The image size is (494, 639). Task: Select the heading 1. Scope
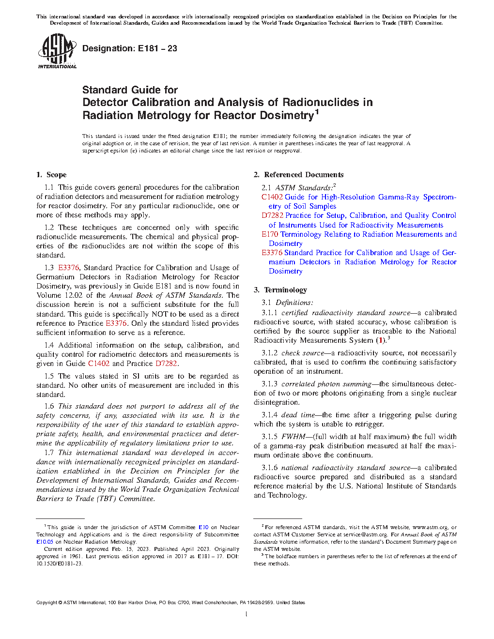click(51, 175)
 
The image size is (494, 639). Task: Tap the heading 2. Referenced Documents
click(298, 175)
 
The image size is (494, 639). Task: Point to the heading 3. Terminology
click(280, 290)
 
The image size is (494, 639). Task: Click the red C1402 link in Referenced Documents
click(272, 197)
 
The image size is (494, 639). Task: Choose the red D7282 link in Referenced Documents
click(272, 215)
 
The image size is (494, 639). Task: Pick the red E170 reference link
click(270, 234)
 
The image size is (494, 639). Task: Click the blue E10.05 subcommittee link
click(45, 542)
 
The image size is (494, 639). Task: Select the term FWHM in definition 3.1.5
click(293, 437)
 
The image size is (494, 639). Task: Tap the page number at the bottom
click(247, 614)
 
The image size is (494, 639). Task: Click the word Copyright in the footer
click(46, 603)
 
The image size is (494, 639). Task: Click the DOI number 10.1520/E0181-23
click(59, 563)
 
